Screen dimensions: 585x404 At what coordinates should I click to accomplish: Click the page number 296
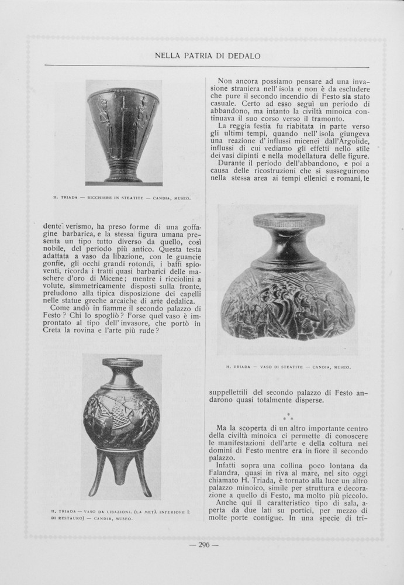203,545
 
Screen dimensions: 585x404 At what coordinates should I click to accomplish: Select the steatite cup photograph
123,133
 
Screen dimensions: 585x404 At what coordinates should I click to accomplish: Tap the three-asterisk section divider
288,416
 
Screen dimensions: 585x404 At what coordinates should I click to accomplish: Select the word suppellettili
233,392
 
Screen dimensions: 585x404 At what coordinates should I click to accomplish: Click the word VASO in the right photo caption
268,367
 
